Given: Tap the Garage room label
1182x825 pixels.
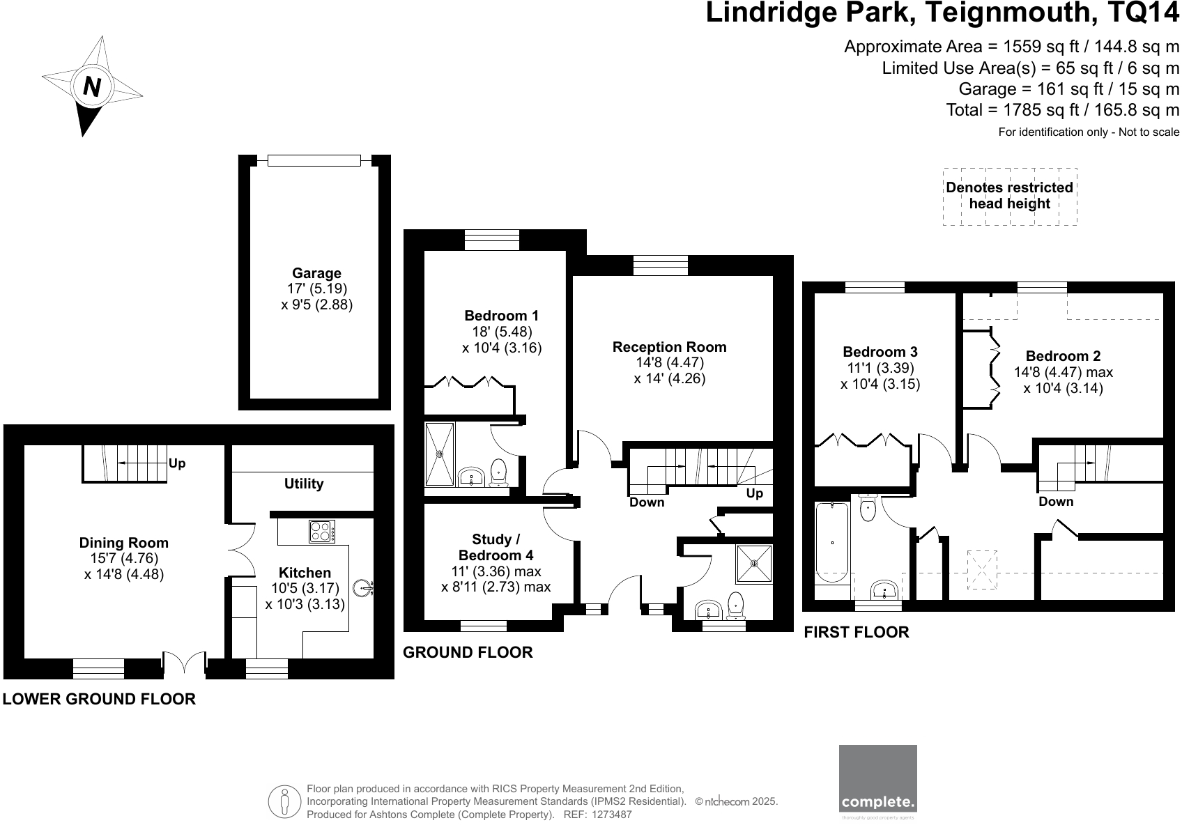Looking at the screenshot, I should click(316, 273).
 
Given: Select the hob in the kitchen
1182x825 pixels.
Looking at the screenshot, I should click(322, 532).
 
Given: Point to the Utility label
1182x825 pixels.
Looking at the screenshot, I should click(304, 484).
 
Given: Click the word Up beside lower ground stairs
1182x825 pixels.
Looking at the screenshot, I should click(177, 463).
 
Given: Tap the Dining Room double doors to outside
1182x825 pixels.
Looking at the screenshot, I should click(184, 664).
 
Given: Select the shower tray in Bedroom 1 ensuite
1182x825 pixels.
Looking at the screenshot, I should click(440, 454).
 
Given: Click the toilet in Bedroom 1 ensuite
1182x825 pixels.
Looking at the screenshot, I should click(499, 472).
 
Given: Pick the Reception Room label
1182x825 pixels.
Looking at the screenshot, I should click(669, 347).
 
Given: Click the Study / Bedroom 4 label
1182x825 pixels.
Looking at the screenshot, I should click(496, 547).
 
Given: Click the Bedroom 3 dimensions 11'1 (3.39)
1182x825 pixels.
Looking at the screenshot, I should click(880, 368).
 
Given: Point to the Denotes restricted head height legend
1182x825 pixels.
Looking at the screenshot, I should click(1009, 196).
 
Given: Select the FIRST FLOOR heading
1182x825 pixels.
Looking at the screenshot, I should click(857, 632).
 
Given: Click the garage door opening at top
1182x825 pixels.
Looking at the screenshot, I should click(314, 161).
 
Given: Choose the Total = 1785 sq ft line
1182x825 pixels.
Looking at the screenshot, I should click(1062, 110).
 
